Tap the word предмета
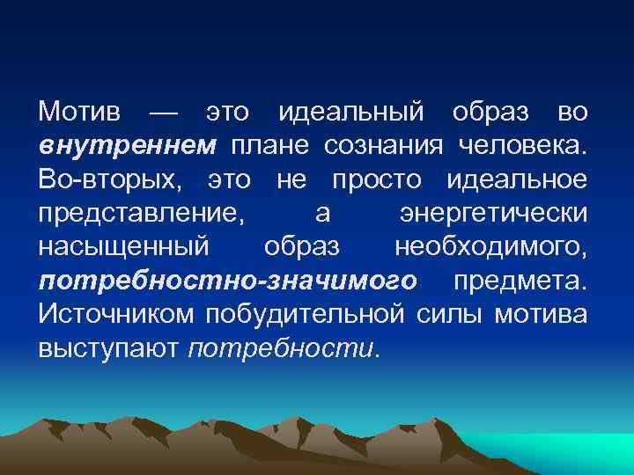[x=520, y=281]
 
